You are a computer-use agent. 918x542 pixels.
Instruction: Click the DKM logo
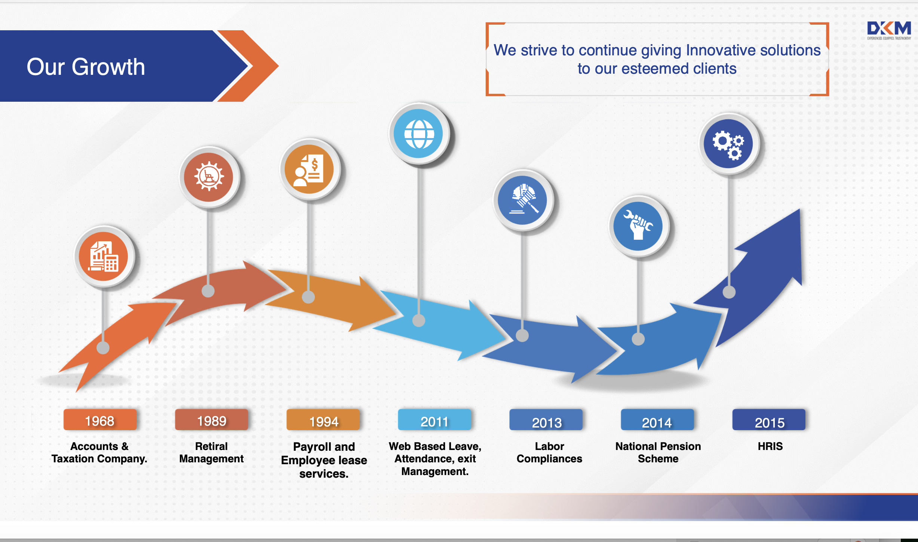click(x=889, y=30)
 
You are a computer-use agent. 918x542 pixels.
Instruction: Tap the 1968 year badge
click(x=100, y=420)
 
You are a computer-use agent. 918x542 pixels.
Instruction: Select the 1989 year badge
click(x=211, y=420)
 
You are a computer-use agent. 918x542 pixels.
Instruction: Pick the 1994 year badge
click(x=323, y=420)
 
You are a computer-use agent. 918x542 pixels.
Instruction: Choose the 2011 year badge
click(x=435, y=420)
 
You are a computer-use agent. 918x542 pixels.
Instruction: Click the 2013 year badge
click(x=546, y=420)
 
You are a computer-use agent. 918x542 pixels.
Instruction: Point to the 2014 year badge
click(x=657, y=420)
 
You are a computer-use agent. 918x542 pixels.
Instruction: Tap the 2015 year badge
click(x=769, y=420)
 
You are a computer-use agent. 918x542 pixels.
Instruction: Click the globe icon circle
click(x=419, y=134)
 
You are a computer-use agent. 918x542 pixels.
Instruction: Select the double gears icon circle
click(x=728, y=144)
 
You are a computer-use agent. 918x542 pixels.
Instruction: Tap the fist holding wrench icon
click(x=638, y=226)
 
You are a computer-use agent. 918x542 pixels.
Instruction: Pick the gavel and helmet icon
click(x=524, y=199)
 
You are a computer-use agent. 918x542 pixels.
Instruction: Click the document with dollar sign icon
click(x=309, y=170)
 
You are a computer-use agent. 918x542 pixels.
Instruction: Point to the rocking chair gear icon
click(x=209, y=177)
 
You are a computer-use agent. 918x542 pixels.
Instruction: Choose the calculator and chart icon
click(x=104, y=256)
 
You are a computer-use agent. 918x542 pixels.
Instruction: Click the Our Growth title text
click(x=86, y=67)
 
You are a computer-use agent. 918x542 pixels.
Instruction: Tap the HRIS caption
click(x=770, y=446)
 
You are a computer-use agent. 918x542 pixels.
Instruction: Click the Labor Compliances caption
click(x=549, y=453)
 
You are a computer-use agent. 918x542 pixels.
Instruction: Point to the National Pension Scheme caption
click(x=658, y=453)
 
